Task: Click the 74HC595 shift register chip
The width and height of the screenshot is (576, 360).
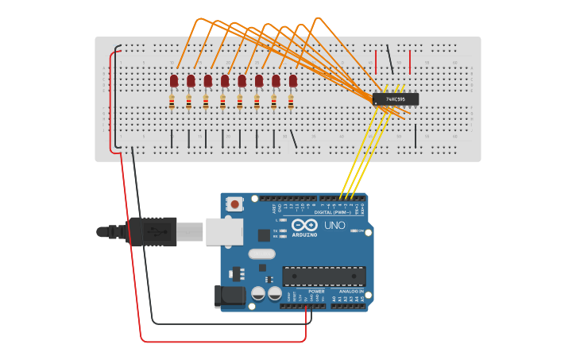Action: (x=396, y=99)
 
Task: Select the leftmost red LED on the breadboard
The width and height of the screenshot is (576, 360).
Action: (x=174, y=80)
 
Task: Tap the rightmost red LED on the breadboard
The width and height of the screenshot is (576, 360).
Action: (x=293, y=80)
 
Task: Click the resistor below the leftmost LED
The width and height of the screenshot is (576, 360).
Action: (x=172, y=102)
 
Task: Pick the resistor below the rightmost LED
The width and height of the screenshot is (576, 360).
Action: (x=291, y=102)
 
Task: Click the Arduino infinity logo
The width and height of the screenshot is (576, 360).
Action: (x=304, y=225)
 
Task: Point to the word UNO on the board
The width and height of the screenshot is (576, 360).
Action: (x=334, y=225)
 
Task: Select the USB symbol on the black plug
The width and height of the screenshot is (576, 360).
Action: (x=156, y=232)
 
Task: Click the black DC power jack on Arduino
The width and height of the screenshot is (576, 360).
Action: (x=231, y=296)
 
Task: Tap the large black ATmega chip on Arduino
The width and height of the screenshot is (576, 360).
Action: (x=324, y=276)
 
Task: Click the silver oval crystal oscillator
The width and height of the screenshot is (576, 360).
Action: (x=261, y=254)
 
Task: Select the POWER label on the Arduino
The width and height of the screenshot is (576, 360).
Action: (x=316, y=292)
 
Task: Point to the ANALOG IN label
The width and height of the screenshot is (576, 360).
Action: (x=350, y=292)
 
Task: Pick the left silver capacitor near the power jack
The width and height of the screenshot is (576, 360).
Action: (x=258, y=294)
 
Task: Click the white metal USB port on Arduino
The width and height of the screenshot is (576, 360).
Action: (x=224, y=230)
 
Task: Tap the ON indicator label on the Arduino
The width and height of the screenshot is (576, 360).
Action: (x=360, y=231)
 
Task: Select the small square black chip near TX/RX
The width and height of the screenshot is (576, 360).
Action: (x=264, y=235)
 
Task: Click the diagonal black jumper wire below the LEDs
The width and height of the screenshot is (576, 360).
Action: (x=293, y=139)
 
